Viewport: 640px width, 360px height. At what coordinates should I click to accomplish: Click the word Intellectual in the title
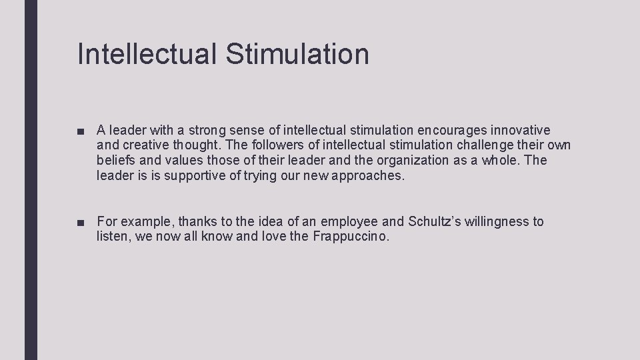[147, 53]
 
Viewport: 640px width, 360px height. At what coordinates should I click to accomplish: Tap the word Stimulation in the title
[297, 53]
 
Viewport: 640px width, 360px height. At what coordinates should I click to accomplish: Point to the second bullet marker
[81, 223]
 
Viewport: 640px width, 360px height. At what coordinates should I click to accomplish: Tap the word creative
[146, 145]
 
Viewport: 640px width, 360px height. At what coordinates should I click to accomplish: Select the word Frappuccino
[350, 237]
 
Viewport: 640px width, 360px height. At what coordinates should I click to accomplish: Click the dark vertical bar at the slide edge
[31, 180]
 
